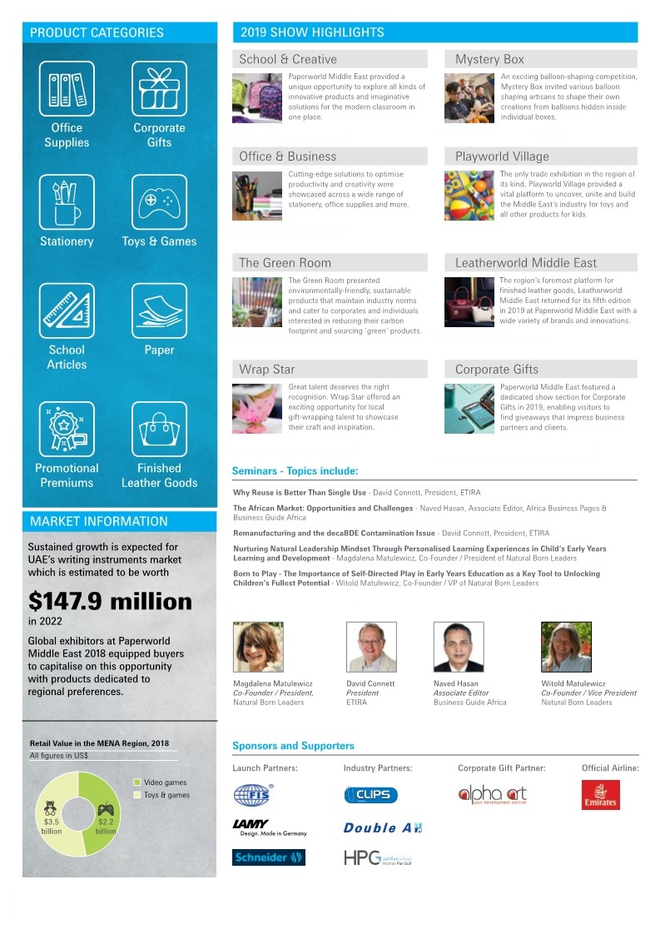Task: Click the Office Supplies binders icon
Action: pyautogui.click(x=67, y=89)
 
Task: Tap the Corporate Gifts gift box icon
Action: pyautogui.click(x=159, y=89)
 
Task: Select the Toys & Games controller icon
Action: pyautogui.click(x=159, y=202)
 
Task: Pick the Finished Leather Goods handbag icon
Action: pyautogui.click(x=159, y=430)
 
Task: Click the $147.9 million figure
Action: pyautogui.click(x=110, y=601)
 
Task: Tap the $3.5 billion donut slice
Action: pyautogui.click(x=50, y=820)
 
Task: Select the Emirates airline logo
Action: pyautogui.click(x=600, y=795)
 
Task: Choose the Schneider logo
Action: pyautogui.click(x=268, y=857)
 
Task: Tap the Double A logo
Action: pyautogui.click(x=382, y=827)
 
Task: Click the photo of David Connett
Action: pyautogui.click(x=371, y=647)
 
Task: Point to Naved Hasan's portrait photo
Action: pyautogui.click(x=458, y=647)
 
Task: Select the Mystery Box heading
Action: pyautogui.click(x=490, y=59)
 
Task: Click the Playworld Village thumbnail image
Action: pyautogui.click(x=469, y=196)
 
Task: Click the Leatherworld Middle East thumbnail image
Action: pyautogui.click(x=469, y=301)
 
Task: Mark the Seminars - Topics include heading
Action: pyautogui.click(x=295, y=471)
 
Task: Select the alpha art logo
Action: pyautogui.click(x=492, y=795)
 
